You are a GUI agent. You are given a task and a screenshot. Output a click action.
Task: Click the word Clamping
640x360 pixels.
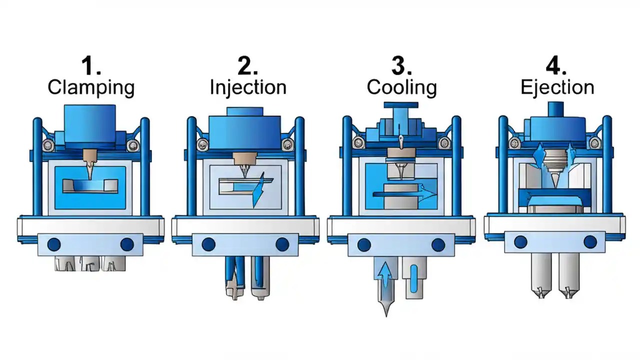[x=91, y=87]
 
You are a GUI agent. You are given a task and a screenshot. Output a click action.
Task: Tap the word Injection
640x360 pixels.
[x=248, y=87]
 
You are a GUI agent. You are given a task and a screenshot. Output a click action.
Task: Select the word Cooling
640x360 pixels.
[x=401, y=87]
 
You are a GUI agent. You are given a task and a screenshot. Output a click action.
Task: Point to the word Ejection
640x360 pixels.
[x=557, y=87]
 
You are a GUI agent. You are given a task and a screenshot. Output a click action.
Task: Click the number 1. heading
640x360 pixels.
[x=91, y=66]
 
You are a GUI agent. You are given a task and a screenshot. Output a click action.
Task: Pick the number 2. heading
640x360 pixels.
[x=248, y=66]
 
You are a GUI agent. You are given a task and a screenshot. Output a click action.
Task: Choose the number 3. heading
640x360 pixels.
[x=401, y=66]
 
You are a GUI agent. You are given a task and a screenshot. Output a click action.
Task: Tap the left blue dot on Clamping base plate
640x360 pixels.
[x=54, y=244]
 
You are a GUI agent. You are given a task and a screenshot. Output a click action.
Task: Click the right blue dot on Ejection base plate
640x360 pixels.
[x=590, y=242]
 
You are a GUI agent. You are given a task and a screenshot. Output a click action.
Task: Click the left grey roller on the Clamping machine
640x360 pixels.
[x=47, y=145]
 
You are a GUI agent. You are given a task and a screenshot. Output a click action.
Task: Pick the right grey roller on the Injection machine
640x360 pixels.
[x=287, y=145]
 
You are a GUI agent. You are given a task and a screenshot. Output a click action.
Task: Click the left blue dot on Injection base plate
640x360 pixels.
[x=208, y=244]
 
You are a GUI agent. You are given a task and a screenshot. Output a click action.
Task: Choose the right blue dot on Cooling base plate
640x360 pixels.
[x=438, y=244]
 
